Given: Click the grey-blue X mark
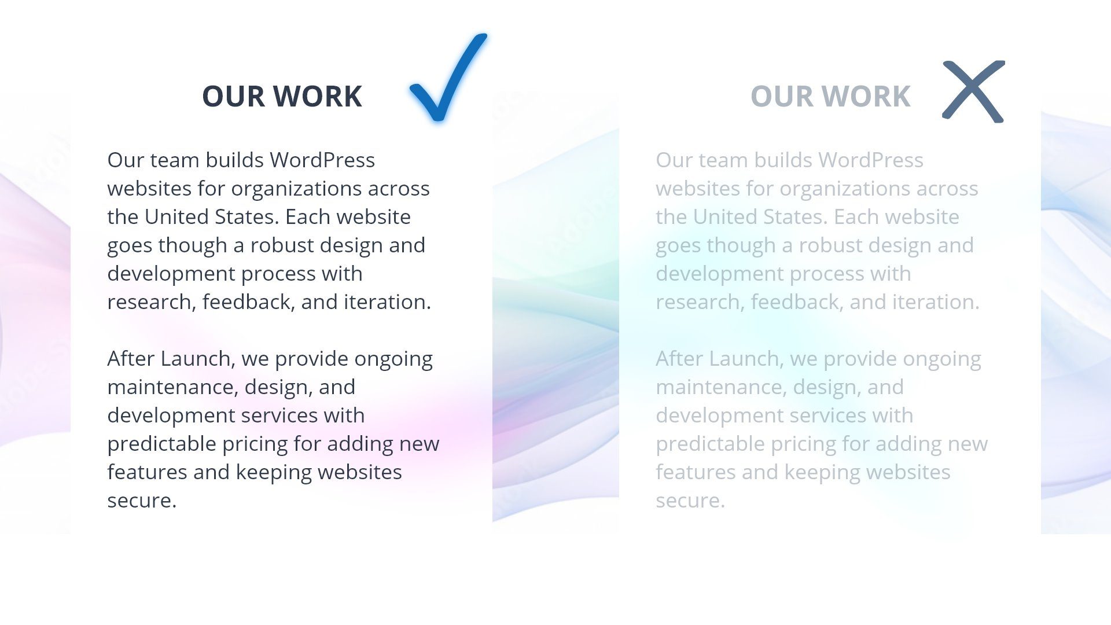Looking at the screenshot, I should (x=973, y=91).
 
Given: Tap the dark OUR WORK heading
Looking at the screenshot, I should (x=282, y=96).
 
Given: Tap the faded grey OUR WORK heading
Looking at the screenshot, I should (x=830, y=96).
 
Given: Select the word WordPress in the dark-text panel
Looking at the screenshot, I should (x=322, y=160).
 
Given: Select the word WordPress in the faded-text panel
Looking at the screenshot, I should (x=871, y=160).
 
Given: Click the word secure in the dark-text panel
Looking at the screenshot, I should (x=141, y=501).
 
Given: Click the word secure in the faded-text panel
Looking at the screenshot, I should (x=690, y=501).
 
